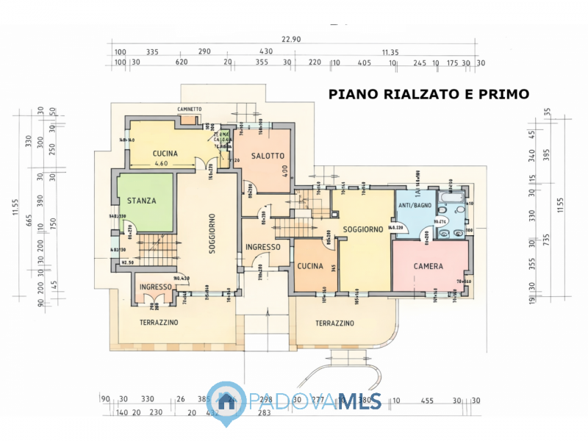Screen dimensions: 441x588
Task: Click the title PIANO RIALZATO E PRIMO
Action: pos(429,94)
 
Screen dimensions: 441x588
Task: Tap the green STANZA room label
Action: pos(141,200)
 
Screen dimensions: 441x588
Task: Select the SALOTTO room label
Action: pos(268,156)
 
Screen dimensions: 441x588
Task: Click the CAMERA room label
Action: pos(428,266)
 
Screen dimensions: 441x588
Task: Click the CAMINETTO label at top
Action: pos(189,109)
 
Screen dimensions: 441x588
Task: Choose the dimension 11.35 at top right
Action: pos(390,52)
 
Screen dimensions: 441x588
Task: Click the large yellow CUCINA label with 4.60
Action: pos(165,154)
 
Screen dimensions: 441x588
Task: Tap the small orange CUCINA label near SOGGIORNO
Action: pos(310,267)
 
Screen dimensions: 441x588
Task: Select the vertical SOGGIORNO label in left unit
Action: pos(211,233)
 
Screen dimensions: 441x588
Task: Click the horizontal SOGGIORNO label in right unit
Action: pos(363,229)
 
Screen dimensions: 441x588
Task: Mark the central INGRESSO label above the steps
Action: pos(262,247)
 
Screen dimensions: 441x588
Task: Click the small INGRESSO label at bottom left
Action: pos(155,287)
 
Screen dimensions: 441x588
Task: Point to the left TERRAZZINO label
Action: pos(159,322)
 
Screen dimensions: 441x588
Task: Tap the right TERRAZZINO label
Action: pos(334,323)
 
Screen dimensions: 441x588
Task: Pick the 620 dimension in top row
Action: pos(182,63)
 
